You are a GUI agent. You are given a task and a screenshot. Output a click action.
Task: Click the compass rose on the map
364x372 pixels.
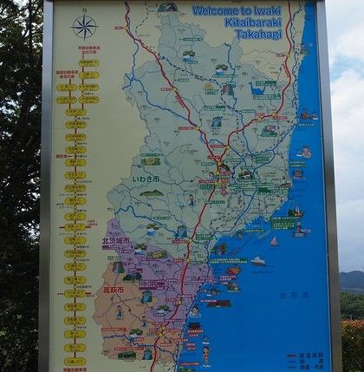pyautogui.click(x=84, y=27)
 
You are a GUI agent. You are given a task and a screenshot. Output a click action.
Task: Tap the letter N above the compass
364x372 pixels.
pyautogui.click(x=84, y=10)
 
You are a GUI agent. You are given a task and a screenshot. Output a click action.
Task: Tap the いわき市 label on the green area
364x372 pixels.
pyautogui.click(x=146, y=179)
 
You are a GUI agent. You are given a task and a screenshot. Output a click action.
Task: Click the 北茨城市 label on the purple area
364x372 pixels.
pyautogui.click(x=115, y=241)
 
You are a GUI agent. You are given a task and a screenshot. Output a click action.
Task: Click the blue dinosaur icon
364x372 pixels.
pyautogui.click(x=257, y=88)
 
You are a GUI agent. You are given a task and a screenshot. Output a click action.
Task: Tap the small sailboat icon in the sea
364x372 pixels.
pyautogui.click(x=274, y=241)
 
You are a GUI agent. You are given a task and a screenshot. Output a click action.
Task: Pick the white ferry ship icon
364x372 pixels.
pyautogui.click(x=258, y=259)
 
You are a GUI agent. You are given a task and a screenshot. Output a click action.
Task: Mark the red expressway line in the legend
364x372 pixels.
pyautogui.click(x=292, y=355)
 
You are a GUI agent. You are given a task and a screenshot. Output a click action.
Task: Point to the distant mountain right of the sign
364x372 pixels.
pyautogui.click(x=351, y=279)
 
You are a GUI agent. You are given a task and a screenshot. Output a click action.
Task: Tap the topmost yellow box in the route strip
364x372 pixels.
pyautogui.click(x=88, y=62)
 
